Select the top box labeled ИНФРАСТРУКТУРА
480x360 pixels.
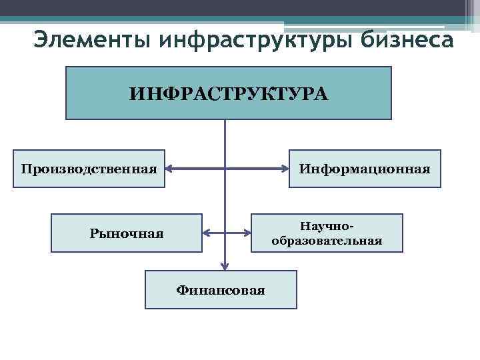[228, 93]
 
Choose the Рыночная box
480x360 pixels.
[127, 233]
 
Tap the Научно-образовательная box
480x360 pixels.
[327, 233]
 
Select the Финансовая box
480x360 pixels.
[221, 289]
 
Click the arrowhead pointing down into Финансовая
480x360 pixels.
[225, 266]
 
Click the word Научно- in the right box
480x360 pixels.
[327, 226]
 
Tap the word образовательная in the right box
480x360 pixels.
[327, 240]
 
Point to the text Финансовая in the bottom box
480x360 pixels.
[221, 290]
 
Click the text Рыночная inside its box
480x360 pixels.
[127, 233]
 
